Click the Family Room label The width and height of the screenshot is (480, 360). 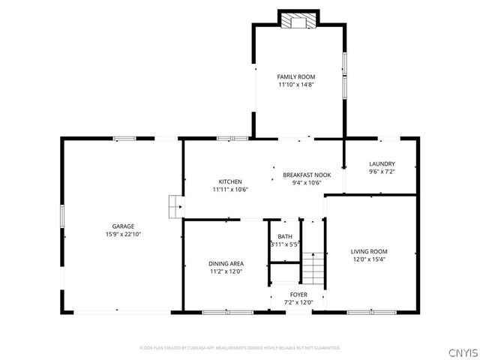click(295, 76)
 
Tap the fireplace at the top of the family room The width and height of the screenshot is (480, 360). click(299, 20)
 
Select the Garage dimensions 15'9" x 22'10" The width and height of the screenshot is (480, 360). click(123, 235)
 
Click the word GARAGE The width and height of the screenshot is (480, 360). click(123, 226)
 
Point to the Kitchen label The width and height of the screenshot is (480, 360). click(230, 181)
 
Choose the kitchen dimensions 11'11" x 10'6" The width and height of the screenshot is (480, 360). click(230, 190)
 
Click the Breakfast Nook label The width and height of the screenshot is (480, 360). click(301, 174)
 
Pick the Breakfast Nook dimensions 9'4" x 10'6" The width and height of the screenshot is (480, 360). click(301, 182)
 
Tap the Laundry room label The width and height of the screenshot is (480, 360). click(382, 164)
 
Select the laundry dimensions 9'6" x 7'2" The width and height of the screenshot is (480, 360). click(382, 172)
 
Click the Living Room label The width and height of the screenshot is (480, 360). click(369, 251)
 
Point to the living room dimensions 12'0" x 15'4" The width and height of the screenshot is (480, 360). click(369, 259)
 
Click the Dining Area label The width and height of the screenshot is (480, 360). click(226, 263)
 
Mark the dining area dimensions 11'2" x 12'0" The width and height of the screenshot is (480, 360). click(226, 271)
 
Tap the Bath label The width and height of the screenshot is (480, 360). click(285, 237)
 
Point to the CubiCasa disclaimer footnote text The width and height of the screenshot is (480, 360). click(239, 348)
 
